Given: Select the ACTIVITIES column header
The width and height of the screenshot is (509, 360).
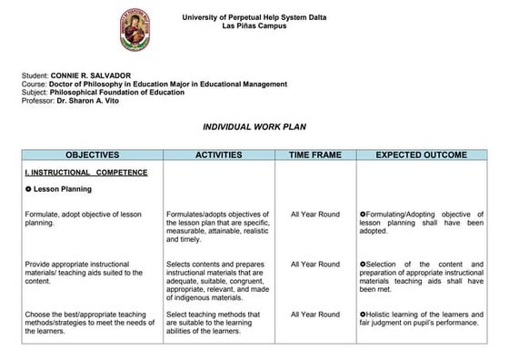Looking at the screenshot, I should [x=218, y=155].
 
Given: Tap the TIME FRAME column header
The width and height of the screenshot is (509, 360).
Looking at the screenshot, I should [x=315, y=155].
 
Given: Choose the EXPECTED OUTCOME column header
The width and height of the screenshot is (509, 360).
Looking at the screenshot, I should [x=421, y=155].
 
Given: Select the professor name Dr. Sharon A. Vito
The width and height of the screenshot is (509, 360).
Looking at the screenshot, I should [x=89, y=100].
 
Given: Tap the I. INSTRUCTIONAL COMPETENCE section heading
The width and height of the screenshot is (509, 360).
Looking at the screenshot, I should [x=86, y=172].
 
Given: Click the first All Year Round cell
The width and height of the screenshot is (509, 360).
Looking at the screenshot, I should [x=315, y=215].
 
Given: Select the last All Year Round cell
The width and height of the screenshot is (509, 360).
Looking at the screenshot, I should [x=315, y=314].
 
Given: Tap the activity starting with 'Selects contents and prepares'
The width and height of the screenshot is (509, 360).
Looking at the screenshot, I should [x=218, y=276].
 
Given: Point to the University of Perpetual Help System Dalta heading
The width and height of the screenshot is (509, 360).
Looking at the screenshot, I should [x=254, y=17].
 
